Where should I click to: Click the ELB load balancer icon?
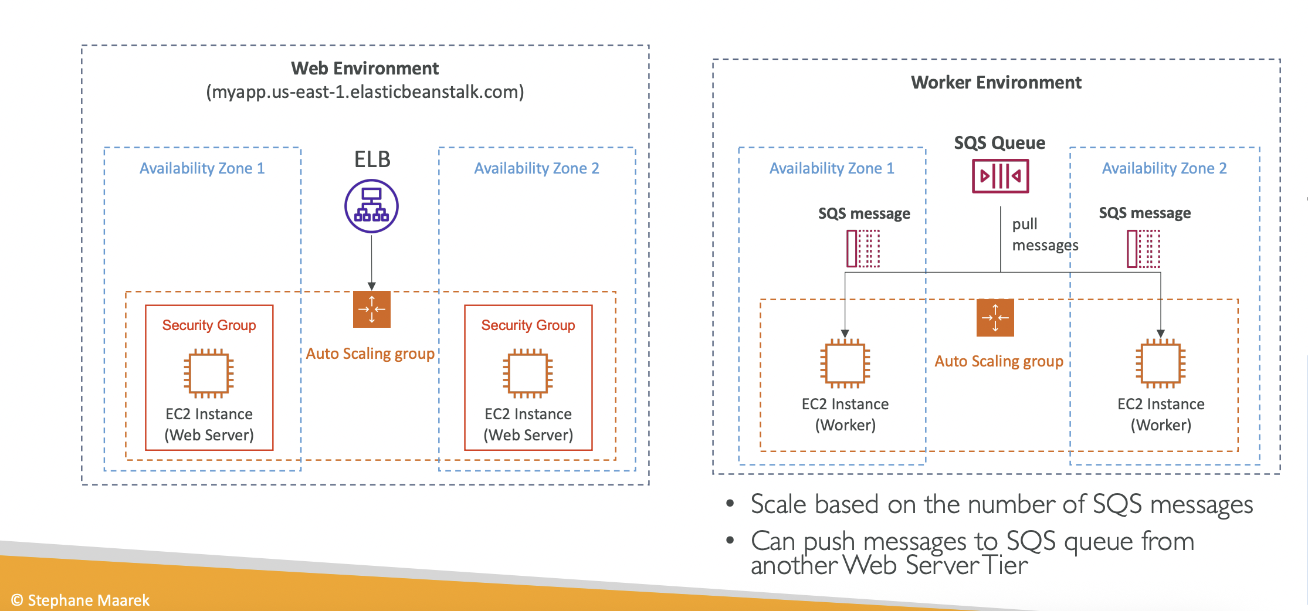(371, 206)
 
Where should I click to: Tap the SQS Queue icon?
(1000, 176)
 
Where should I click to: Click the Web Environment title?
(365, 69)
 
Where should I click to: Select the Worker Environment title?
(996, 83)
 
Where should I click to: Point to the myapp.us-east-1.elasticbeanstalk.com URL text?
(365, 92)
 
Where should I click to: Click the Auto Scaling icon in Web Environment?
(371, 309)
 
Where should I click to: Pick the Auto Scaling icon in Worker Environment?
(995, 318)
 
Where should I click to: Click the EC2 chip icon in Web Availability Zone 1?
(209, 374)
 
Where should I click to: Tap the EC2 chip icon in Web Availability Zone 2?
(528, 374)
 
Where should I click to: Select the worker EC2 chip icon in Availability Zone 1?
(845, 364)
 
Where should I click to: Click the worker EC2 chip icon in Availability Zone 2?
(1160, 364)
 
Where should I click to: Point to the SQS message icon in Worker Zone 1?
(863, 249)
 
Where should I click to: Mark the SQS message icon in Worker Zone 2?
(1143, 249)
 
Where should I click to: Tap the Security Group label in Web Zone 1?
(209, 325)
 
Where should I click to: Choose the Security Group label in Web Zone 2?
(528, 325)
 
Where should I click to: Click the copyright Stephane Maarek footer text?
(80, 600)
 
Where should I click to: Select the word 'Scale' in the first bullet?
(779, 505)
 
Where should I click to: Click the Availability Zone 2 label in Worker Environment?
(1164, 168)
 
